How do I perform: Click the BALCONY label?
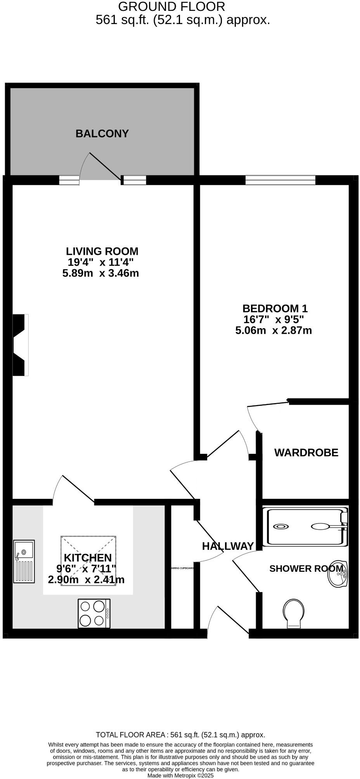[x=102, y=134]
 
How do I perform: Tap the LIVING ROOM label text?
[x=102, y=251]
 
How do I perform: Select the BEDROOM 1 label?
[x=275, y=309]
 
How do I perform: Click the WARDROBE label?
[x=306, y=453]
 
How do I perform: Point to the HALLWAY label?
[x=228, y=546]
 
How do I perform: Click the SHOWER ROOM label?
[x=306, y=569]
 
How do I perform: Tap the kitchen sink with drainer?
[x=24, y=561]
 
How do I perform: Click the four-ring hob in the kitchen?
[x=94, y=613]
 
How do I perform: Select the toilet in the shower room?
[x=294, y=613]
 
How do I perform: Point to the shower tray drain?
[x=280, y=526]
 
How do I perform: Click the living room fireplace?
[x=20, y=345]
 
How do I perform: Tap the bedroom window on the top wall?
[x=280, y=180]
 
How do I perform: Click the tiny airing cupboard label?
[x=182, y=568]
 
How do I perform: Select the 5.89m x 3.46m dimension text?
[x=100, y=274]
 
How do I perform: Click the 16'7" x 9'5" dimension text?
[x=273, y=320]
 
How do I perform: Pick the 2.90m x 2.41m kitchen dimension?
[x=86, y=580]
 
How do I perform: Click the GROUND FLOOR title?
[x=171, y=7]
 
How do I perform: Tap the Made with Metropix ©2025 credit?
[x=180, y=776]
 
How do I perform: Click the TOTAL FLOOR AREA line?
[x=180, y=735]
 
